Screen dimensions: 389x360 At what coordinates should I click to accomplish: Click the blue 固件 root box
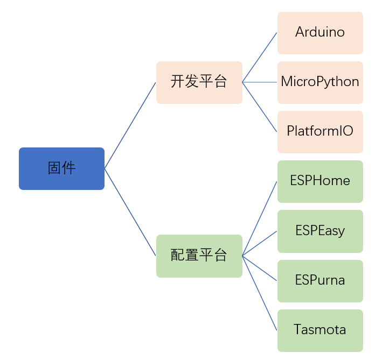pyautogui.click(x=61, y=169)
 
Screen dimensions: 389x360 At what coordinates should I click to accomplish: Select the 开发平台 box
pyautogui.click(x=199, y=82)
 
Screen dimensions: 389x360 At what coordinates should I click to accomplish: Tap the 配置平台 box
pyautogui.click(x=199, y=256)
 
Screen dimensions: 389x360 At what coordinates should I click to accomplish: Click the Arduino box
pyautogui.click(x=320, y=33)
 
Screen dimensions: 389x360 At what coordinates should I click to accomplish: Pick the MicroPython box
pyautogui.click(x=320, y=82)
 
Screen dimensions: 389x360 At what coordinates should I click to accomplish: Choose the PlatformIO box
pyautogui.click(x=320, y=132)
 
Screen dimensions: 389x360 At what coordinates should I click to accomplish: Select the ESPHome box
pyautogui.click(x=320, y=181)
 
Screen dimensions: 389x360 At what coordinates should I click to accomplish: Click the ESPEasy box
pyautogui.click(x=320, y=231)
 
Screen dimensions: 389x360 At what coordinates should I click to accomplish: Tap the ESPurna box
pyautogui.click(x=320, y=281)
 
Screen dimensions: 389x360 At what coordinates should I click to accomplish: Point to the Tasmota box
pyautogui.click(x=320, y=330)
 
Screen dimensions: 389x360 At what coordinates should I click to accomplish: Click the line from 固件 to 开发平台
pyautogui.click(x=130, y=125)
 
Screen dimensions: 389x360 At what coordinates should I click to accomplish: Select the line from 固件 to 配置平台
pyautogui.click(x=130, y=213)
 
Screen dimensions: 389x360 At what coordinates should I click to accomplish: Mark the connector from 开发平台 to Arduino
pyautogui.click(x=260, y=57)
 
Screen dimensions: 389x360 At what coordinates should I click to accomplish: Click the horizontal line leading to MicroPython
pyautogui.click(x=260, y=82)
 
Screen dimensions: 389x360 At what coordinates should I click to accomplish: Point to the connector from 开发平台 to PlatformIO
pyautogui.click(x=260, y=107)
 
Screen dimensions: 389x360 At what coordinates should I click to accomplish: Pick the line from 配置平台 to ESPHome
pyautogui.click(x=260, y=218)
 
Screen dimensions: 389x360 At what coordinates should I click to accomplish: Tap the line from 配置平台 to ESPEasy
pyautogui.click(x=260, y=243)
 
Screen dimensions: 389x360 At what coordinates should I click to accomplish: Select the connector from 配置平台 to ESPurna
pyautogui.click(x=260, y=269)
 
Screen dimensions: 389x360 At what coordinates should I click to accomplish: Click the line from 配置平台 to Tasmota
pyautogui.click(x=260, y=293)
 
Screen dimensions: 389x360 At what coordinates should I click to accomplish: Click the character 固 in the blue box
pyautogui.click(x=54, y=168)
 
